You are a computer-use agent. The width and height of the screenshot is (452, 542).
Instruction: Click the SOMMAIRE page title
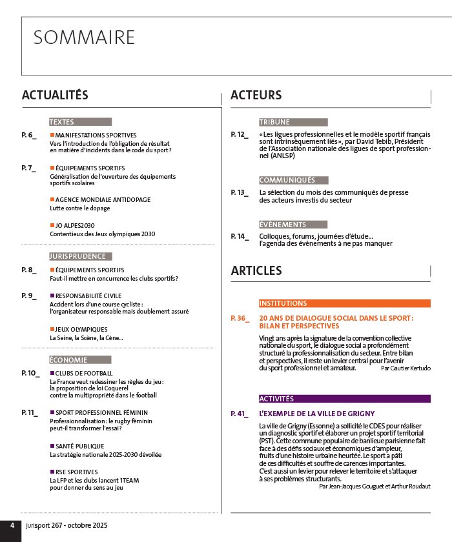[84, 37]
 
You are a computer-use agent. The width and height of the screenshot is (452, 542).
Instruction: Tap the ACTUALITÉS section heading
[55, 95]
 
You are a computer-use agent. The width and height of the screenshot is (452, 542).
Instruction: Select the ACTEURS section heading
[256, 95]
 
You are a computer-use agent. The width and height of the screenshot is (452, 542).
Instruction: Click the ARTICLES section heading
[256, 270]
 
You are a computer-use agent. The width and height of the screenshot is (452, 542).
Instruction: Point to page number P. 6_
[30, 135]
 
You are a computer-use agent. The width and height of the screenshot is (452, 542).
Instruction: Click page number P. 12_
[240, 134]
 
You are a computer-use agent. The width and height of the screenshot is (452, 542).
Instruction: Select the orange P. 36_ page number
[240, 319]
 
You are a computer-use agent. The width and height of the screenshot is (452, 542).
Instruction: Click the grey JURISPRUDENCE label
[77, 256]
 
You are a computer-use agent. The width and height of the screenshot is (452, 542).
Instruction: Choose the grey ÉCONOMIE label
[67, 359]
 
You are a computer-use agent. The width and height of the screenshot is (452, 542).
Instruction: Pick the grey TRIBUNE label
[274, 122]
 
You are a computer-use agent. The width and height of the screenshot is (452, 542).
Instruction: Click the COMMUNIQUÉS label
[287, 180]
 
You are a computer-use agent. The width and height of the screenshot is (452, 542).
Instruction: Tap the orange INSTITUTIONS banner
[283, 303]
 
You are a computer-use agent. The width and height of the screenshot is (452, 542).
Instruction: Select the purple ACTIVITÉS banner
[276, 399]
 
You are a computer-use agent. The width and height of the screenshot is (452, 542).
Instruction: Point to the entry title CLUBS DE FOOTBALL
[84, 373]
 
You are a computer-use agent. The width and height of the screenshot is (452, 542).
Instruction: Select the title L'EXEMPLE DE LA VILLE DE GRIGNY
[316, 414]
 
